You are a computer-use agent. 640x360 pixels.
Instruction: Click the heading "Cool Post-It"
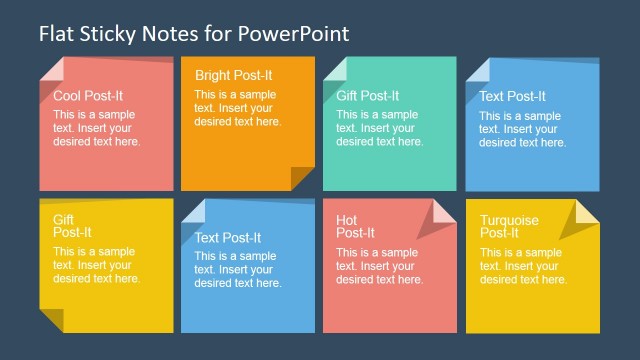[90, 96]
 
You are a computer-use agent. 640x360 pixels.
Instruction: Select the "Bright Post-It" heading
[233, 75]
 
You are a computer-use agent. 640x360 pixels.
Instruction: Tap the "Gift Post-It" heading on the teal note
[367, 96]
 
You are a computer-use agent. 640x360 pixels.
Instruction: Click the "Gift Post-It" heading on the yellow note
[64, 225]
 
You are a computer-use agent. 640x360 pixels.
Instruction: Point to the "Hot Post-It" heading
[356, 226]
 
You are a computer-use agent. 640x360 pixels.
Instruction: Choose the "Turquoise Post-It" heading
[509, 226]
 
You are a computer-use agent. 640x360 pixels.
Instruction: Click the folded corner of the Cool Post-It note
[51, 70]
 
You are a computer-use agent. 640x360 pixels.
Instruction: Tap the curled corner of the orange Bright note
[302, 178]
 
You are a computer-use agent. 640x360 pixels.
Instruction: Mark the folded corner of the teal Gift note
[335, 69]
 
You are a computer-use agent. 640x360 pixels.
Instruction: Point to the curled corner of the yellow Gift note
[52, 321]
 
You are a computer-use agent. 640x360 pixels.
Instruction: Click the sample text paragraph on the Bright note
[238, 109]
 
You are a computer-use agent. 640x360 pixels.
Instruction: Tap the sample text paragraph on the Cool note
[97, 128]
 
